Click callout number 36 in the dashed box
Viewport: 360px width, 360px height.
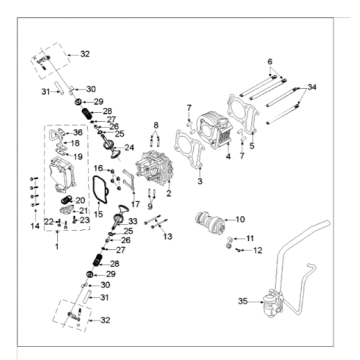point(78,132)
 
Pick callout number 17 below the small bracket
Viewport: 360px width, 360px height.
point(136,203)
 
